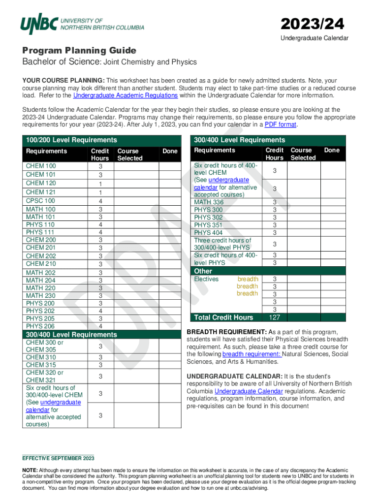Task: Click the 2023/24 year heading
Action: coord(312,23)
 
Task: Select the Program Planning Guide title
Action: coord(79,51)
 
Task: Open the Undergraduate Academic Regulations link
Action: coord(125,95)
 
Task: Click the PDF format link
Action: coord(280,125)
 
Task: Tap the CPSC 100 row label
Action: coord(40,201)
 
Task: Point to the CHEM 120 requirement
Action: coord(40,183)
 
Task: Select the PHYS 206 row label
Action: coord(40,326)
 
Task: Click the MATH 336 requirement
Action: coord(209,202)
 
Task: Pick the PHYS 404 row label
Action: coord(208,233)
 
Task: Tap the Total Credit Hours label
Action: coord(223,317)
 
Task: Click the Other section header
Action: coord(203,271)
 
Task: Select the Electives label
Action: coord(206,279)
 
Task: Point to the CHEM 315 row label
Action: coord(40,365)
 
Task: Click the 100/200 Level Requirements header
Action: coord(71,140)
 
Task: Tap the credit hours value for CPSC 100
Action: coord(100,201)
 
